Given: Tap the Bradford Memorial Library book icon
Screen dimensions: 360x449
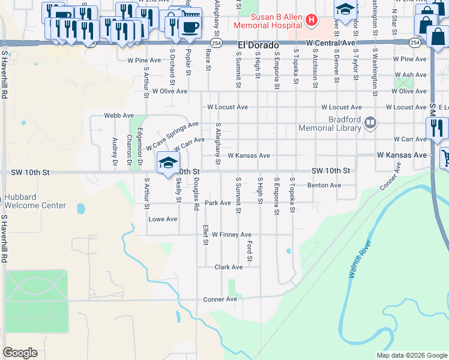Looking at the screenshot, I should click(371, 124).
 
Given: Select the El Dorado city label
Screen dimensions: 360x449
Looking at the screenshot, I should click(259, 44).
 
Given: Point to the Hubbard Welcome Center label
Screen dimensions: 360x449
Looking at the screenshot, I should click(35, 201).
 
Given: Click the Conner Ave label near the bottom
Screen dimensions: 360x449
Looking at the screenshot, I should click(220, 299).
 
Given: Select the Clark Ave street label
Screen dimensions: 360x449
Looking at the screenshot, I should click(229, 267).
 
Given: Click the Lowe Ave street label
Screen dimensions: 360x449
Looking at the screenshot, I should click(163, 219).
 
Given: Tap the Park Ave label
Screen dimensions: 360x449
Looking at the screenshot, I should click(218, 203).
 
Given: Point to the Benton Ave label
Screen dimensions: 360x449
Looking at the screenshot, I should click(324, 185).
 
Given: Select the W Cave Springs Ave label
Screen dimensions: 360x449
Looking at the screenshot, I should click(175, 136).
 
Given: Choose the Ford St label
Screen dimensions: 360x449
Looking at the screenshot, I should click(250, 248).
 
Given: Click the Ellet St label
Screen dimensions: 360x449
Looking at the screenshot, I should click(205, 230).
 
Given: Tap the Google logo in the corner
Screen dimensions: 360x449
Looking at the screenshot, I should click(20, 353).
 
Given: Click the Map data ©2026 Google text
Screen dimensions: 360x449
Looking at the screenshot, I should click(411, 355).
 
